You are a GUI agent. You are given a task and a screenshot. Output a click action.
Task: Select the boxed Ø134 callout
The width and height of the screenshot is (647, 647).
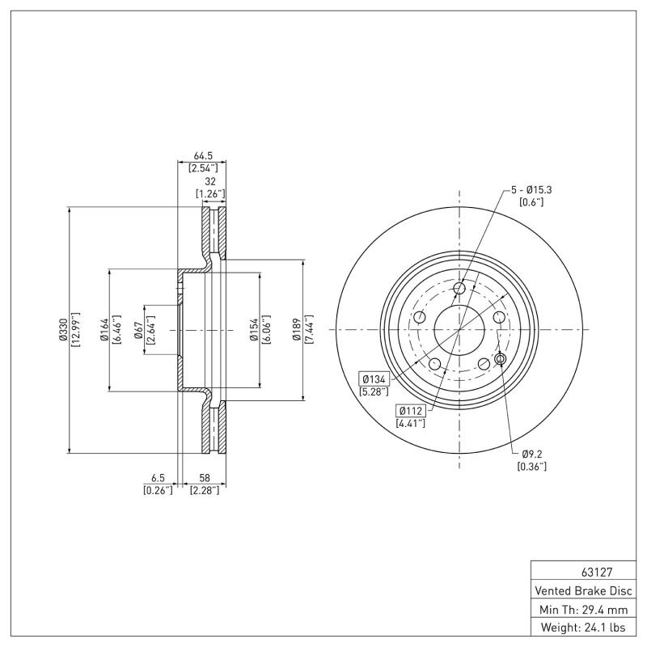[x=374, y=378]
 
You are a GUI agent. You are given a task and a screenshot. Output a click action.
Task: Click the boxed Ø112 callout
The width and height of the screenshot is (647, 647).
[x=411, y=410]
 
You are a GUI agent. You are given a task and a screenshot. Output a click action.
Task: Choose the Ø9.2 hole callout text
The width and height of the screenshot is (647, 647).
[x=531, y=454]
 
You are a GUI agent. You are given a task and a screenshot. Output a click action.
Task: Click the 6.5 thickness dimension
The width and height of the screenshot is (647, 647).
[x=158, y=479]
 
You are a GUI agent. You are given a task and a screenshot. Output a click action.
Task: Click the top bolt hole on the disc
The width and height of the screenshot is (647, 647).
[x=459, y=289]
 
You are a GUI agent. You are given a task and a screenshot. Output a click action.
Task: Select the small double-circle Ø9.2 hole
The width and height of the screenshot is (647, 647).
[x=500, y=358]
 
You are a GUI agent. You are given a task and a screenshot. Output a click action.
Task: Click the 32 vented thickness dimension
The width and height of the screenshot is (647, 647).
[x=209, y=182]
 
